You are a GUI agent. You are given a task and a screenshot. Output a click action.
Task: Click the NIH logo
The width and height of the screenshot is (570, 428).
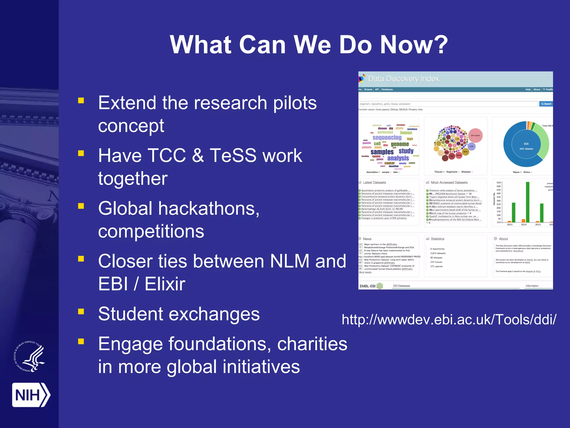coord(31,395)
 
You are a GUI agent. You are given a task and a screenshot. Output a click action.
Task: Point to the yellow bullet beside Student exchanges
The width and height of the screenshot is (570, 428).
coord(81,311)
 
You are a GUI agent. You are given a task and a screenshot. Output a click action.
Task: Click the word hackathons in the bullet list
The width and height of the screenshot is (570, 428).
coord(207,208)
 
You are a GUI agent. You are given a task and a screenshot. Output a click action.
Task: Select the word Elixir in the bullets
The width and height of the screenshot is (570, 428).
coord(165,284)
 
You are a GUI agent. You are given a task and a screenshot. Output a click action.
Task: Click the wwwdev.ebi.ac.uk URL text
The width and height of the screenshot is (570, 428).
coord(449,319)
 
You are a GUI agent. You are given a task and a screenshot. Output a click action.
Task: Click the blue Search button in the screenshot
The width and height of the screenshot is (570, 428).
coord(546,104)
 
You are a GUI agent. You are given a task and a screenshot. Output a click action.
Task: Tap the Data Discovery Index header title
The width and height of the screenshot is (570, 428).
coord(404,79)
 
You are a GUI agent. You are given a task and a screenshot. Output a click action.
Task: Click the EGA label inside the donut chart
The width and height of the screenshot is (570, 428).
coord(526,144)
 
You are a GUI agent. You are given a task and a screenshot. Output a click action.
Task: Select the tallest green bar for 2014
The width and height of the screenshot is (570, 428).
coord(527,202)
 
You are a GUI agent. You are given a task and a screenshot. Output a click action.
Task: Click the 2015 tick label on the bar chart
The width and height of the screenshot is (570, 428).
coord(510,225)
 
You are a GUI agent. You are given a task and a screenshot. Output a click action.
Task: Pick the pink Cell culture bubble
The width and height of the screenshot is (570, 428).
coord(475,135)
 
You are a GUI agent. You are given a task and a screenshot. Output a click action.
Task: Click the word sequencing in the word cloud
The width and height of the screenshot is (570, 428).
coord(387,138)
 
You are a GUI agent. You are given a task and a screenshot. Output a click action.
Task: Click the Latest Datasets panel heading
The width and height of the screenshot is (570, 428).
coord(374,183)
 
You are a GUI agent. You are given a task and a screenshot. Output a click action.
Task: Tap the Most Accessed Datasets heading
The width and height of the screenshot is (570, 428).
coord(449,183)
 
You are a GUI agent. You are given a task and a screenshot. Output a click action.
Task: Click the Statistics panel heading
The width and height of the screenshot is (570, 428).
coord(437,239)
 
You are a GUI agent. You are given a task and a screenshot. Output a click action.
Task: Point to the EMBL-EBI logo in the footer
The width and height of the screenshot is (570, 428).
coord(371,286)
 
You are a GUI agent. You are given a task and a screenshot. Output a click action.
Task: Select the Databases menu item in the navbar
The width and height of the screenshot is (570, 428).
coord(387,89)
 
